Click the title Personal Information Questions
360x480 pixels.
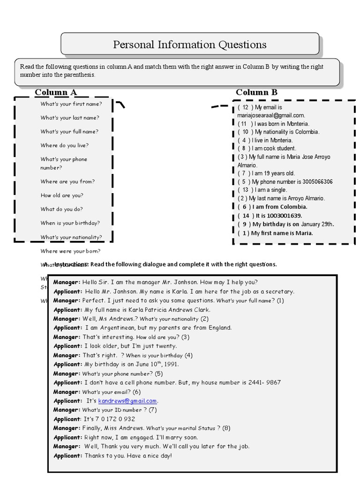pos(190,45)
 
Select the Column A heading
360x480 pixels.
pos(55,92)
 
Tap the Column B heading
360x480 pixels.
pos(256,92)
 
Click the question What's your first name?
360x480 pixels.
pos(71,104)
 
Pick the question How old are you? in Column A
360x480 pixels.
pos(62,195)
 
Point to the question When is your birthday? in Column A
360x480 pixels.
pos(70,223)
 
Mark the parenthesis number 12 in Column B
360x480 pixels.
pos(245,107)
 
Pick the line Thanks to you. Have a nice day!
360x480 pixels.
pos(128,456)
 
